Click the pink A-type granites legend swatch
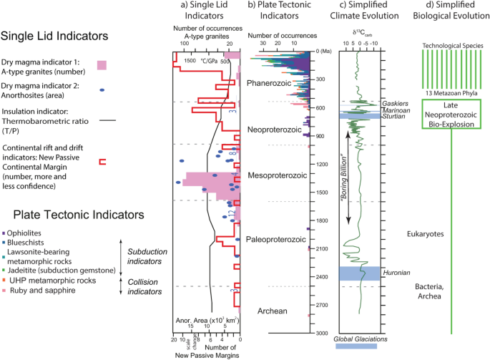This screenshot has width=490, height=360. click(x=102, y=66)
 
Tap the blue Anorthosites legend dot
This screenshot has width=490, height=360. click(x=102, y=89)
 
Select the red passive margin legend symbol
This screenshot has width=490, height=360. click(x=102, y=162)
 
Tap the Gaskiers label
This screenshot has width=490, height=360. click(x=394, y=104)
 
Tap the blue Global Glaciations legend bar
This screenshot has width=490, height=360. click(x=360, y=347)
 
